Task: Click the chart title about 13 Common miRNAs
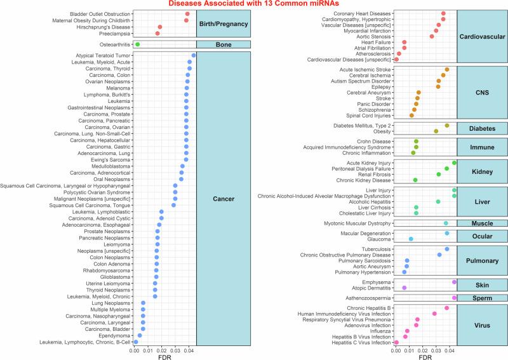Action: pos(253,4)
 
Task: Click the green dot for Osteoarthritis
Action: pos(137,44)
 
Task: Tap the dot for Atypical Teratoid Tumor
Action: pos(194,55)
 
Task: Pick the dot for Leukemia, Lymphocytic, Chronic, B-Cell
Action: pos(136,342)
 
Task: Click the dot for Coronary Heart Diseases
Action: pos(443,13)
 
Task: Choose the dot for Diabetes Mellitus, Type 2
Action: pos(447,126)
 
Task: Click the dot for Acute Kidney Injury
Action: pos(454,163)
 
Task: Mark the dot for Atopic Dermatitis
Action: pos(404,288)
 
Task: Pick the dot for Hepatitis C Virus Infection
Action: pos(396,342)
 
